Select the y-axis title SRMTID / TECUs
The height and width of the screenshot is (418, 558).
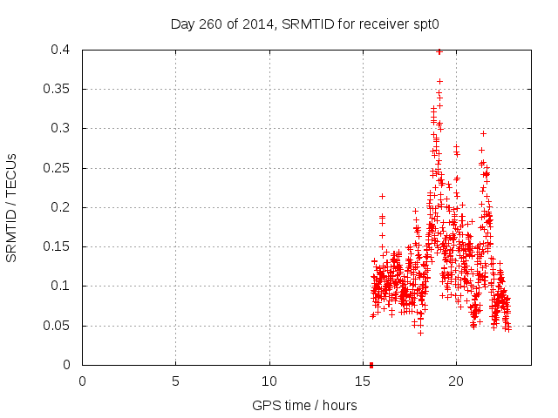point(12,208)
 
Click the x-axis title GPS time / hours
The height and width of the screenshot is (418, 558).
point(304,405)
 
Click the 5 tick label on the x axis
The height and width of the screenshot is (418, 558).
point(175,381)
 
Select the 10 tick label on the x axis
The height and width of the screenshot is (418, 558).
point(269,381)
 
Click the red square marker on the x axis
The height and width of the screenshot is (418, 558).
point(371,364)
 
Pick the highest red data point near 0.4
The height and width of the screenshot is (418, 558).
point(439,51)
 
